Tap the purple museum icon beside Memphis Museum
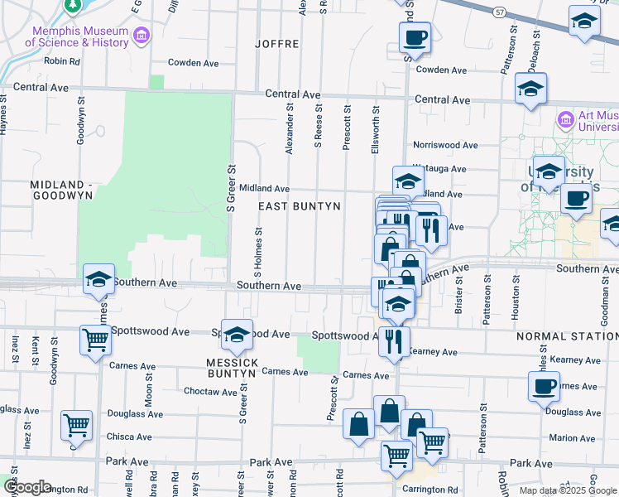click(142, 36)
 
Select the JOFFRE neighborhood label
click(276, 43)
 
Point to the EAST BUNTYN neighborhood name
click(300, 205)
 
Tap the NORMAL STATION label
click(567, 336)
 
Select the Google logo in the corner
click(26, 487)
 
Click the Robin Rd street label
click(62, 60)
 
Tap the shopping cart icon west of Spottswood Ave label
click(95, 340)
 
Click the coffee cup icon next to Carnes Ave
click(545, 387)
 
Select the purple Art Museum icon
click(566, 120)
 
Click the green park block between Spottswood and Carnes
click(319, 354)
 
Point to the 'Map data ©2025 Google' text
click(568, 490)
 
